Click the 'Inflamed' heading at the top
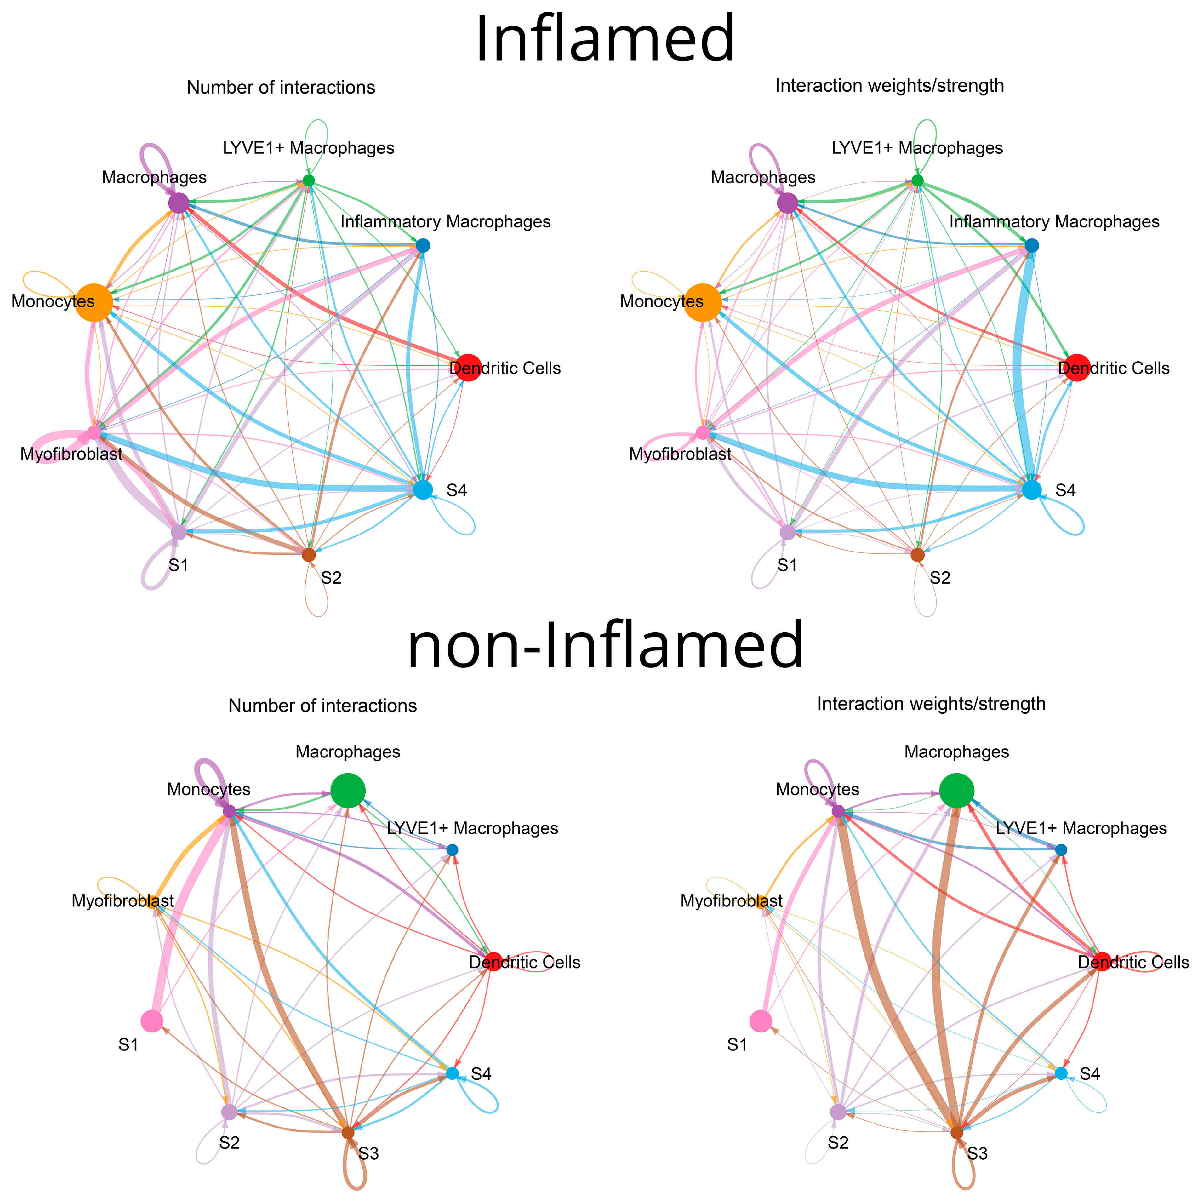604,38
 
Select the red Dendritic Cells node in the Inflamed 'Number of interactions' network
469,367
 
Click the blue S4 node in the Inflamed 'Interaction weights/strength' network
1032,490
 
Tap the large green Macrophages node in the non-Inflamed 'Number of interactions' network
348,791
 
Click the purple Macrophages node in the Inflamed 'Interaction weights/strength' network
787,203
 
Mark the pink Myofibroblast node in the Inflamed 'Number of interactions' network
94,432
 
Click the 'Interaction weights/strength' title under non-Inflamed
931,704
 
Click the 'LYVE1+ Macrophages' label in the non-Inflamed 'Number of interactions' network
473,828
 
